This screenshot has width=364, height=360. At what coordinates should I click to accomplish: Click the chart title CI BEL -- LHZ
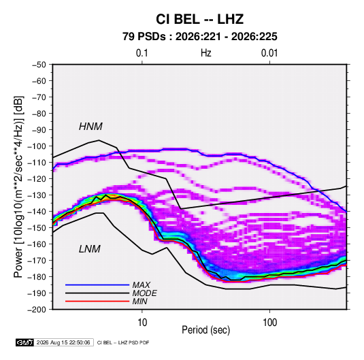199,19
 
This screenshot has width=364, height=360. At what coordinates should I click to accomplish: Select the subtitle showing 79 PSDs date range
199,37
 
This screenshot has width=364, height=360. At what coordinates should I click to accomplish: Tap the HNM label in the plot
90,127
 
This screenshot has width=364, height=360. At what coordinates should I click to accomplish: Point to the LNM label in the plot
90,249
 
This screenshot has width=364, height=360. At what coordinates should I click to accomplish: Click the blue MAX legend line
97,284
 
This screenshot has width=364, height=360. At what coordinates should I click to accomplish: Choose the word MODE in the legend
145,293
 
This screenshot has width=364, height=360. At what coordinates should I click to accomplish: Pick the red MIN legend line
97,301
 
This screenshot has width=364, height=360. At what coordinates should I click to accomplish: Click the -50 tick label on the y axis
39,65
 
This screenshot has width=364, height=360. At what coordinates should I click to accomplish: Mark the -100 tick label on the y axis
37,146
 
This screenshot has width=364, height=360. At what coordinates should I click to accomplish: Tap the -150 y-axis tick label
37,228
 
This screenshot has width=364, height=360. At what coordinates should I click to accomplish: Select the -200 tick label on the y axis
37,310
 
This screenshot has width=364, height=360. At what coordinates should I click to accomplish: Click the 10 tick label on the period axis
142,323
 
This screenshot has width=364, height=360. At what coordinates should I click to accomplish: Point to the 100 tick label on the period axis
269,323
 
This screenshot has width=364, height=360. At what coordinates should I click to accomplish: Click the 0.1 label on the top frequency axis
142,53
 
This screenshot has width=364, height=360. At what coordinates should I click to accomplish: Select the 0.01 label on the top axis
269,53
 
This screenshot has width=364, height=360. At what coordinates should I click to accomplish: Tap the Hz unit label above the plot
206,53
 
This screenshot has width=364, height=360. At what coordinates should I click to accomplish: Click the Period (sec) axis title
205,330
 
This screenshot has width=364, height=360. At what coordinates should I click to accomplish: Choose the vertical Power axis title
18,187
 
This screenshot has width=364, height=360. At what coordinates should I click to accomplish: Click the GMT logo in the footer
25,342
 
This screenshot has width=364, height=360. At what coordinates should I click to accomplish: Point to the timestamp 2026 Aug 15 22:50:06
63,342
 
